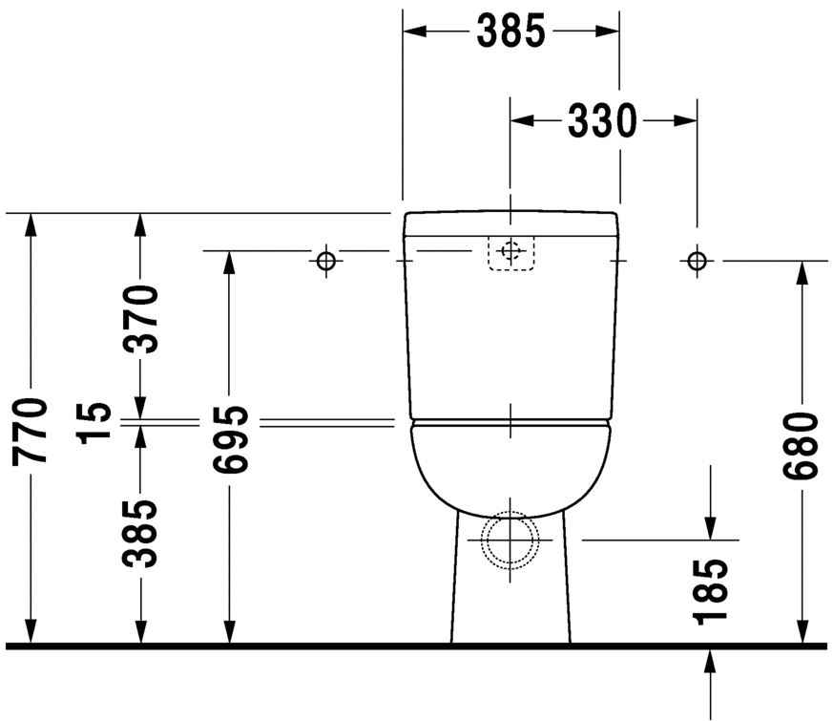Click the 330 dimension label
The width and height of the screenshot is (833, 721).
click(602, 120)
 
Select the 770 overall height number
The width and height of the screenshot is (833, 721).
click(31, 430)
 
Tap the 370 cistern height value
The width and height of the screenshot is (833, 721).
click(141, 319)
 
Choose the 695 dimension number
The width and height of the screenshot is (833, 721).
click(230, 439)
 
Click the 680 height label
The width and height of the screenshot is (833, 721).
click(801, 444)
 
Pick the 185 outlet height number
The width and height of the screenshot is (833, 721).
click(710, 590)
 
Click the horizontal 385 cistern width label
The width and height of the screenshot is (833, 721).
click(511, 31)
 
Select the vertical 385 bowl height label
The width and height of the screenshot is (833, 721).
click(141, 533)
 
